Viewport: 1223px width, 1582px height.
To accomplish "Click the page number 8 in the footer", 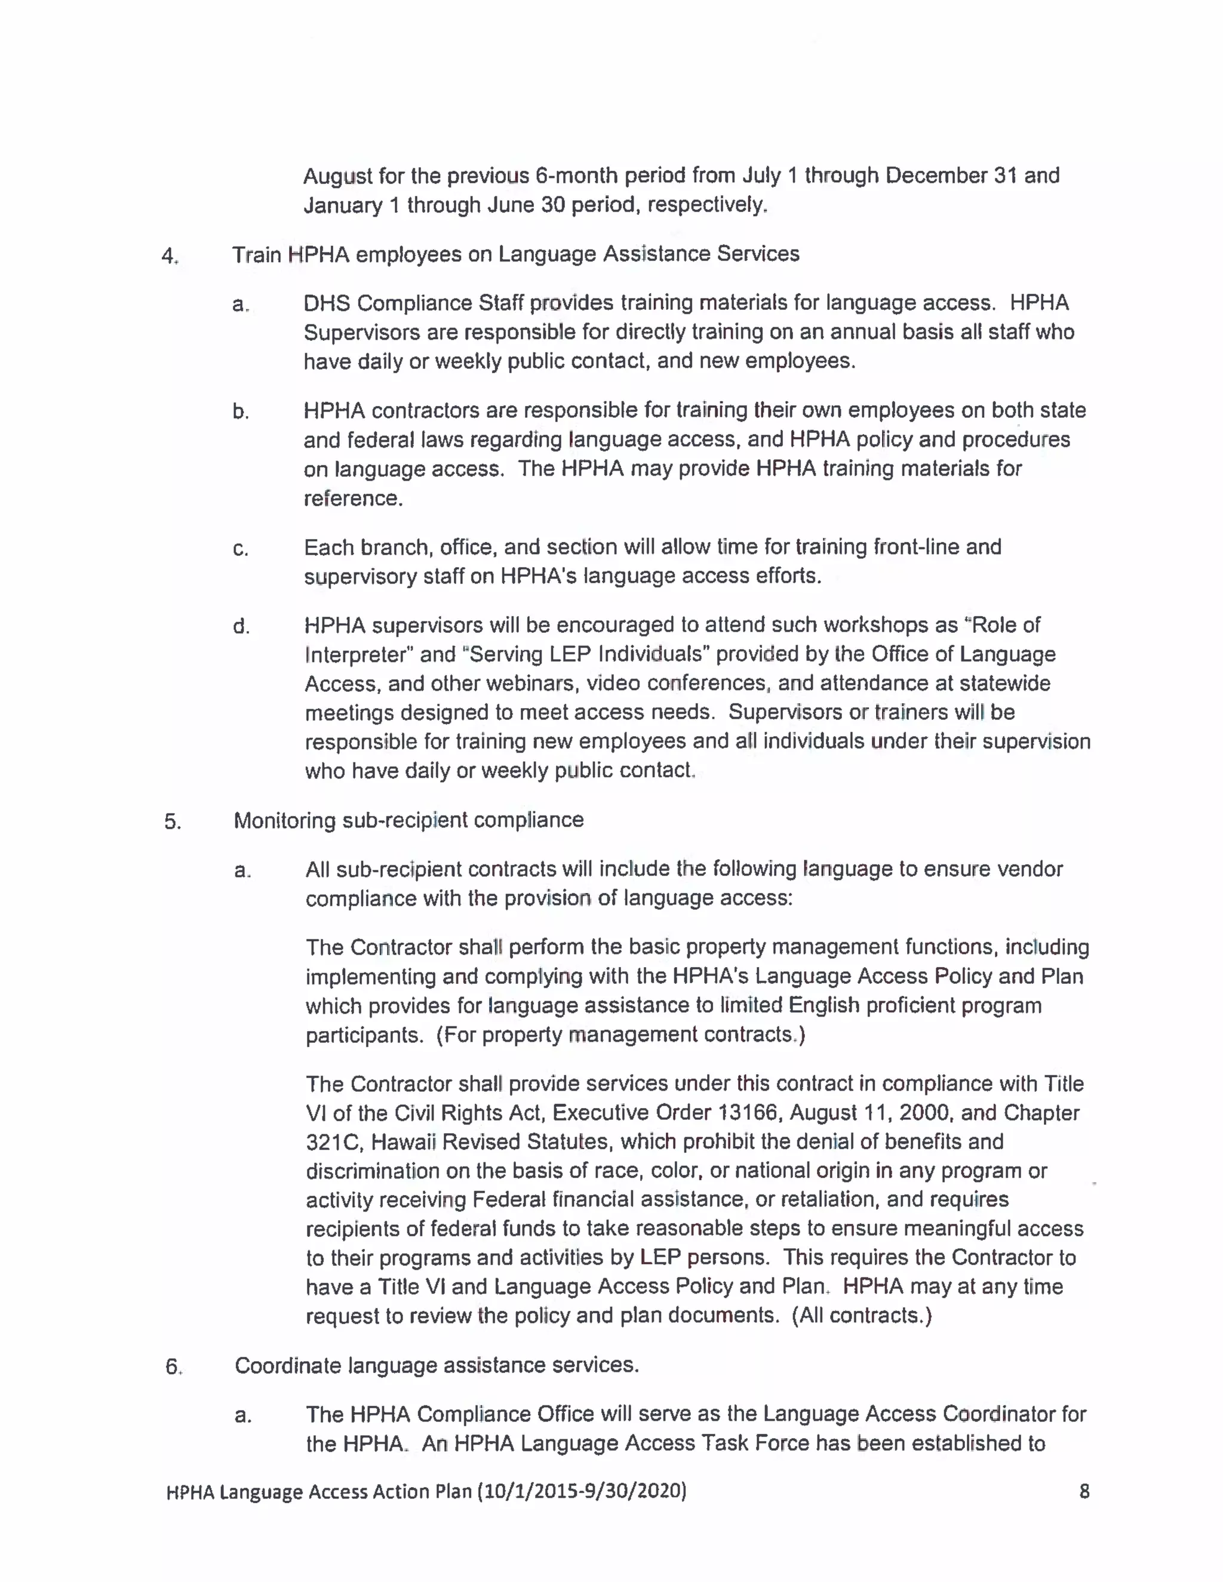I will [x=1084, y=1491].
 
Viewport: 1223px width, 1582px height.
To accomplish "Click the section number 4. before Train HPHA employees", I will [x=170, y=256].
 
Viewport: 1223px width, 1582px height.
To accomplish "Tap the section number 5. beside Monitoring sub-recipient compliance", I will [x=173, y=821].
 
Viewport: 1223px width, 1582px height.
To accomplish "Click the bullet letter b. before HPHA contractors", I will [x=241, y=412].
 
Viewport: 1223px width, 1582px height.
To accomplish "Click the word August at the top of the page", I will [x=337, y=176].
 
